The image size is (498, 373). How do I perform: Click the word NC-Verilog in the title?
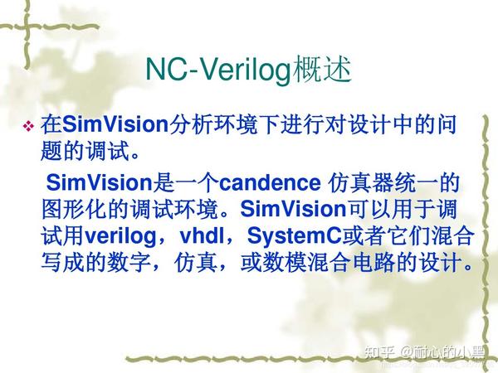coord(218,70)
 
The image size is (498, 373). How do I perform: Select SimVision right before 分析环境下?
coord(116,125)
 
